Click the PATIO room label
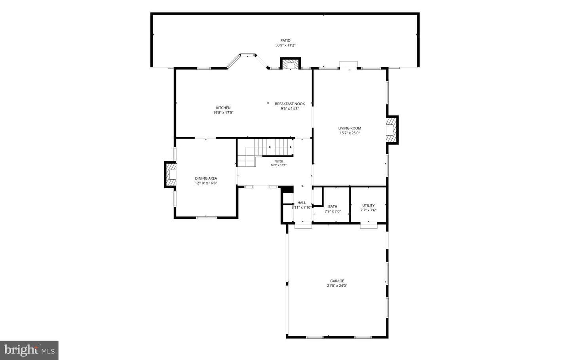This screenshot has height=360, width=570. click(285, 40)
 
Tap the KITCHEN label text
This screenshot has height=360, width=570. click(223, 108)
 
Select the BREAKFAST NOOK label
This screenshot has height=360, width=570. click(290, 104)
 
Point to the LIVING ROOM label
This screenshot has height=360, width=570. click(350, 128)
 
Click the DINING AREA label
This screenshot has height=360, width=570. click(206, 178)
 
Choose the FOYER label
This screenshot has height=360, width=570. click(278, 161)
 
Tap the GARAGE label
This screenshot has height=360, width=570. click(337, 280)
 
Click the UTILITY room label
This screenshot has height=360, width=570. click(368, 205)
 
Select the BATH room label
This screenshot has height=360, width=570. click(332, 207)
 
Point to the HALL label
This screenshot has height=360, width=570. click(302, 203)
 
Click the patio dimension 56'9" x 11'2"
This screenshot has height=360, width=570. click(285, 45)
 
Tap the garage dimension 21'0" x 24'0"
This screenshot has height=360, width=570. click(337, 286)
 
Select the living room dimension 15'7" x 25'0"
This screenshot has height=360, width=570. click(350, 133)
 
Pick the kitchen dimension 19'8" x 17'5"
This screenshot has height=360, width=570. click(223, 112)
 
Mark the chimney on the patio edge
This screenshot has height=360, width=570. click(291, 63)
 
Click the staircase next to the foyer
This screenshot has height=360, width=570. click(265, 152)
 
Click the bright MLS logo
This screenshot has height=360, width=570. click(29, 350)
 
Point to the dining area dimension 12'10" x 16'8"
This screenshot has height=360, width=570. click(206, 183)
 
